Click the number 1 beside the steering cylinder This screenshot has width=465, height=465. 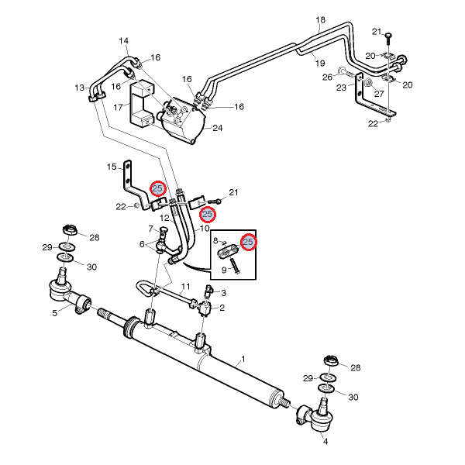pyautogui.click(x=243, y=359)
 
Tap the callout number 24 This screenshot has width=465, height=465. pyautogui.click(x=217, y=128)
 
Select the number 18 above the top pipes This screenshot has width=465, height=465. pyautogui.click(x=321, y=19)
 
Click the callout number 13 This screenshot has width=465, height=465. pyautogui.click(x=81, y=88)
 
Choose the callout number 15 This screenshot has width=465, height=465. pyautogui.click(x=112, y=167)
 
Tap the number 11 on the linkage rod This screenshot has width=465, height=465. pyautogui.click(x=185, y=287)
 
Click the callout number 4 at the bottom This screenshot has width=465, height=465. pyautogui.click(x=325, y=442)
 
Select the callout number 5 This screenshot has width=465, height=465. pyautogui.click(x=55, y=313)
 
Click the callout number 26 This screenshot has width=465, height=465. pyautogui.click(x=327, y=77)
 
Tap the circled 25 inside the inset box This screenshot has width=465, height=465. pyautogui.click(x=249, y=242)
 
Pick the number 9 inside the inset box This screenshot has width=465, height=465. pyautogui.click(x=224, y=270)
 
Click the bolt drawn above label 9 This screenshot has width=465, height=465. pyautogui.click(x=234, y=263)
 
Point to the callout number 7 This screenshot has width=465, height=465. pyautogui.click(x=152, y=228)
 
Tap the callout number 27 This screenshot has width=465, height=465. pyautogui.click(x=380, y=93)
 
